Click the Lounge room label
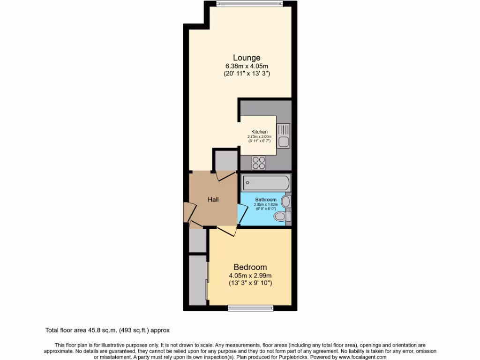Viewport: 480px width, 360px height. point(247,58)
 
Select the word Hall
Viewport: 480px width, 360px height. point(213,199)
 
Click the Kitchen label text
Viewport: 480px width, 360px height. point(259,132)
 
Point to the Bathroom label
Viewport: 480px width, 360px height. point(266,200)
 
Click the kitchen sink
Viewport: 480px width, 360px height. point(283,135)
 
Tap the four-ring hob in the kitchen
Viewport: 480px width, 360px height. point(259,162)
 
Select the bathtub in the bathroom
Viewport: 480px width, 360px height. point(266,182)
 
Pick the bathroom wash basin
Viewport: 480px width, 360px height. point(286,202)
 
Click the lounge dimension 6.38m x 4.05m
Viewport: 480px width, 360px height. point(247,66)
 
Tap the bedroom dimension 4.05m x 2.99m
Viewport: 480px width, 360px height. point(250,276)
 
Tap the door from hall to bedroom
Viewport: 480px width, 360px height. point(227,231)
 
